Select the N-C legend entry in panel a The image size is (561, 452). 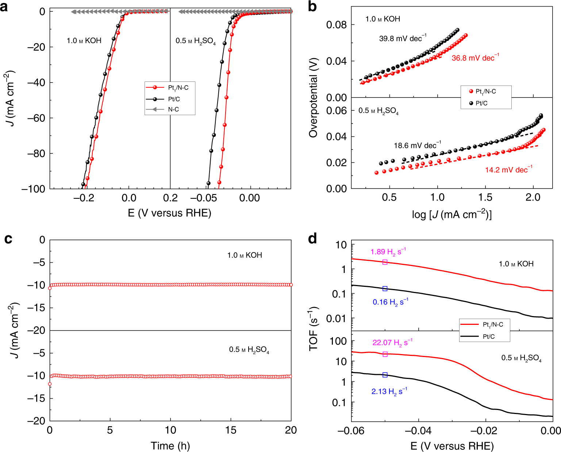pos(173,109)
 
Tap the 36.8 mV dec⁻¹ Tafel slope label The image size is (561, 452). pos(475,58)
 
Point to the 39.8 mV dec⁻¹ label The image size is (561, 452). pos(402,38)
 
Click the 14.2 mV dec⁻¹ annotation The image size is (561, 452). pos(508,170)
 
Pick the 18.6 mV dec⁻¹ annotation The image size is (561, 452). pos(417,145)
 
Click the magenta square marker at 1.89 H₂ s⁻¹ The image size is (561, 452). pos(385,262)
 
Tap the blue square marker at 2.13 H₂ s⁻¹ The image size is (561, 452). pos(385,375)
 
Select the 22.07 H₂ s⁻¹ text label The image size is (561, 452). pos(392,342)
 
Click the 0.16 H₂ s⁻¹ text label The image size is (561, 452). pos(390,302)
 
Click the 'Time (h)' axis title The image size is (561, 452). pos(170,445)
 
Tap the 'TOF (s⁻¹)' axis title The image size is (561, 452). pos(313,329)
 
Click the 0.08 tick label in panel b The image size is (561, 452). pos(336,25)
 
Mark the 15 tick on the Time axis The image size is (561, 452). pos(230,430)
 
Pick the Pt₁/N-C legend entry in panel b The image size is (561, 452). pos(485,91)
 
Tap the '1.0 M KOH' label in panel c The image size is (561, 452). pos(245,255)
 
